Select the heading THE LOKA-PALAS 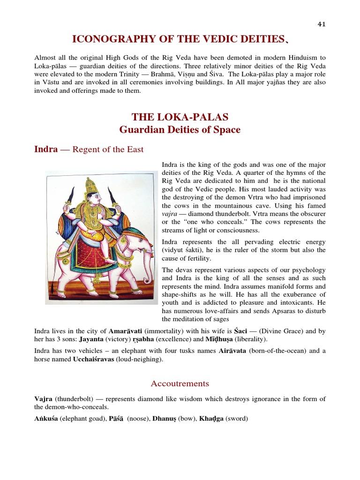click(180, 117)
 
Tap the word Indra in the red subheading click(46, 149)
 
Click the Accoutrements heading click(180, 383)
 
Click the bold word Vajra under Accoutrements click(43, 399)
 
